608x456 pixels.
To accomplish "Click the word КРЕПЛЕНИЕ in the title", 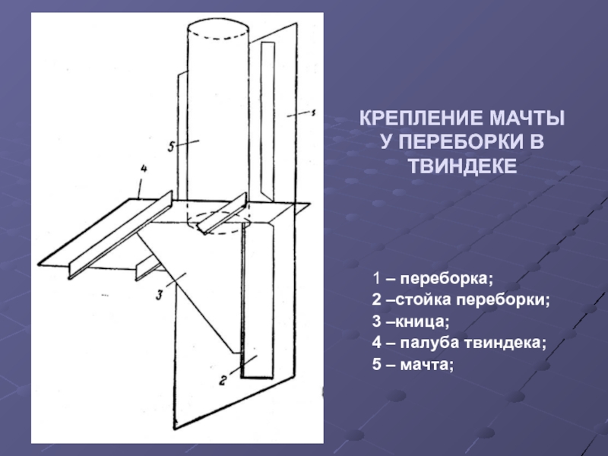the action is (x=421, y=118).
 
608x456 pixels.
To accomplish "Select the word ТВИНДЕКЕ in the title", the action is (x=463, y=166).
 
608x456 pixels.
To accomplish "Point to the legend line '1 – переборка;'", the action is (x=432, y=279).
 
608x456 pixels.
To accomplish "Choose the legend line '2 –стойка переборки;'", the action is (x=461, y=300).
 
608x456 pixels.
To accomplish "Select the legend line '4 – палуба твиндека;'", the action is (x=459, y=343).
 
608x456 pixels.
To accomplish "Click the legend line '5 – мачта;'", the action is (x=413, y=365).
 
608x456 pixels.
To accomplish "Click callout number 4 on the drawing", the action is (x=144, y=169).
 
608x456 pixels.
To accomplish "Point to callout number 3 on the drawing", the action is (x=159, y=294).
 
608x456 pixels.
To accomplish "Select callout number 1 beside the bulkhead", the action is (x=313, y=112).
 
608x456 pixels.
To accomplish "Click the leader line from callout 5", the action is (x=188, y=143).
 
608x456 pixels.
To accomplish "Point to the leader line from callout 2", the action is (x=243, y=366).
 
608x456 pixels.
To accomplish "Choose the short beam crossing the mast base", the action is (x=222, y=214).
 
